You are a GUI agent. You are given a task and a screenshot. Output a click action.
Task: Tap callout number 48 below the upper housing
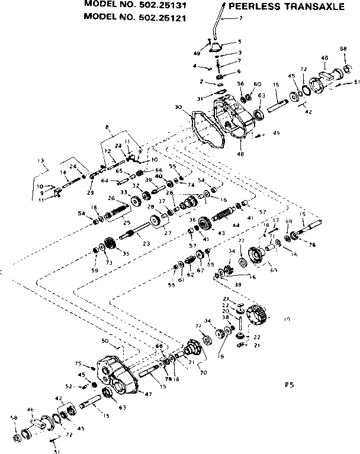[x=240, y=154]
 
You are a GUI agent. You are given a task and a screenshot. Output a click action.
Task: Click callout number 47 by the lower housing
[x=147, y=393]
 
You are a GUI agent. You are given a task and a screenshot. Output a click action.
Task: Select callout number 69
[x=274, y=270]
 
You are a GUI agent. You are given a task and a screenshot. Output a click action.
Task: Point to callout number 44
[x=236, y=226]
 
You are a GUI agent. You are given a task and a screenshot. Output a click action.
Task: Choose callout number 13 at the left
[x=41, y=160]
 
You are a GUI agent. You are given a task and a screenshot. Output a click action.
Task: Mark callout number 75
[x=77, y=363]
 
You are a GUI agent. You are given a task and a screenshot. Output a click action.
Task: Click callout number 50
[x=105, y=342]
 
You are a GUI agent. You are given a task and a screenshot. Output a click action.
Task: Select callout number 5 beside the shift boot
[x=240, y=41]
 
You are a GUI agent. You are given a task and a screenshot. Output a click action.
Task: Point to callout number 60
[x=258, y=84]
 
